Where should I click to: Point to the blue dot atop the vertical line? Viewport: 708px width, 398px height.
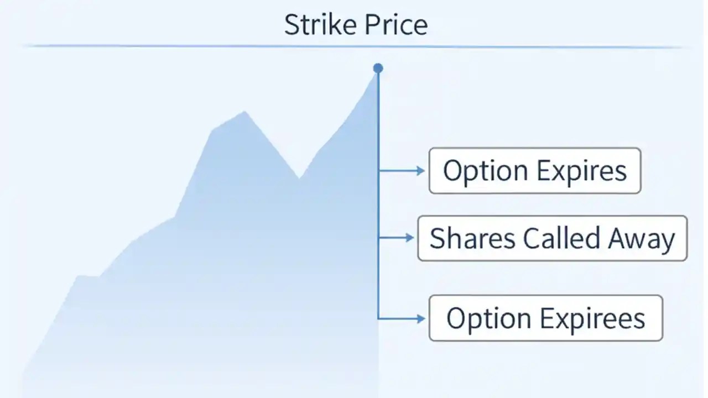pyautogui.click(x=378, y=69)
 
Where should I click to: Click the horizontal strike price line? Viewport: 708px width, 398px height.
pyautogui.click(x=166, y=46)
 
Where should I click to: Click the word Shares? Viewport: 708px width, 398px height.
pyautogui.click(x=471, y=239)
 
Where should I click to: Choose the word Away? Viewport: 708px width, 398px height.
pyautogui.click(x=642, y=239)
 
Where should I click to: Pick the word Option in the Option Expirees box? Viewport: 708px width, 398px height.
pyautogui.click(x=483, y=318)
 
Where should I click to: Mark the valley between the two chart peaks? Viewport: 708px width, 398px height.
pyautogui.click(x=299, y=178)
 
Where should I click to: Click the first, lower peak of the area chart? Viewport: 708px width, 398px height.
pyautogui.click(x=244, y=112)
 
